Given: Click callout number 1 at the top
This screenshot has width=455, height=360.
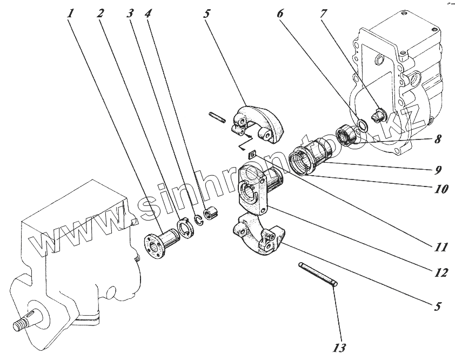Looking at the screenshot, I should [x=70, y=13].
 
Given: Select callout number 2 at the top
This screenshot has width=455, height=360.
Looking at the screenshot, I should [x=101, y=13].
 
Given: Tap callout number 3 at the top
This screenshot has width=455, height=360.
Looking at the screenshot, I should [x=129, y=13].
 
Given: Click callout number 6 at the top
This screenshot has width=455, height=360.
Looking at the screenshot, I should [x=280, y=13].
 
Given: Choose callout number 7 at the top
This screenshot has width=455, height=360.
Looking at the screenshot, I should [x=323, y=13].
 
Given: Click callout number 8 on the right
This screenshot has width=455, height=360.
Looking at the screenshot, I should [x=436, y=139].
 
